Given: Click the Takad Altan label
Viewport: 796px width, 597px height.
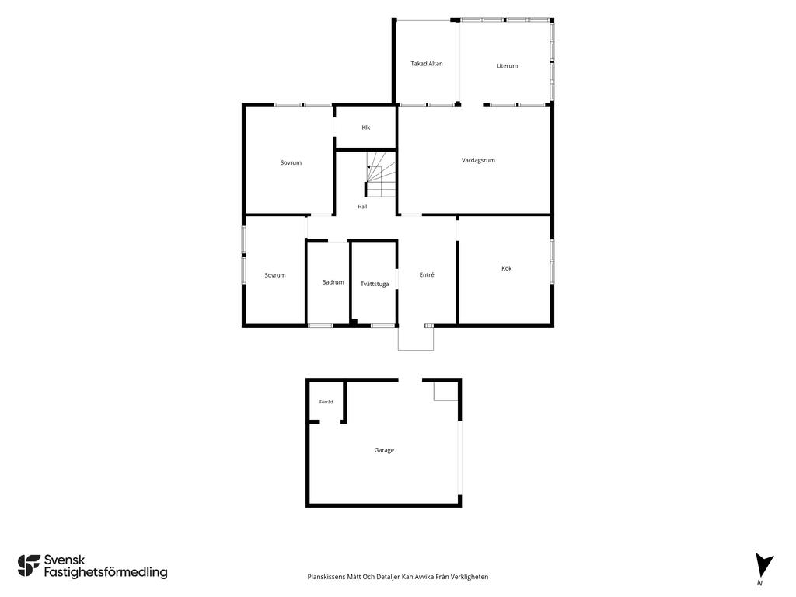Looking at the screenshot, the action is [427, 64].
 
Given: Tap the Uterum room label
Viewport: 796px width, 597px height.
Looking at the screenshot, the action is [507, 65].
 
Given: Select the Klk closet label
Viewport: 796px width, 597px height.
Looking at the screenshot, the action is [366, 127].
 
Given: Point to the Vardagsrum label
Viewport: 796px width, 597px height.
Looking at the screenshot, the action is [478, 160].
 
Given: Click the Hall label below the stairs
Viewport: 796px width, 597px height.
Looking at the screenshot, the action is [362, 207].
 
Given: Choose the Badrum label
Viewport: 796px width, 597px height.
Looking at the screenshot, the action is [333, 282].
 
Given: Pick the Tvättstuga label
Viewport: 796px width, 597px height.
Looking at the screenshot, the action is [375, 284].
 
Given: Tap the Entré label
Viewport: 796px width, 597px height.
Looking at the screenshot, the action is [427, 274].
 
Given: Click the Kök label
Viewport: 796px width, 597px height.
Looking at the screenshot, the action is [507, 268].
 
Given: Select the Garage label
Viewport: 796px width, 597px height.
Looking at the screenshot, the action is [384, 450].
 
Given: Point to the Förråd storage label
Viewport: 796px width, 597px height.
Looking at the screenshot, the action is [326, 402].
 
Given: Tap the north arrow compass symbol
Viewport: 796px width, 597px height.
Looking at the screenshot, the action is [763, 566].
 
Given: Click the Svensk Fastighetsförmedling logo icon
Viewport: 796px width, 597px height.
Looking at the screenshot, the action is [29, 566].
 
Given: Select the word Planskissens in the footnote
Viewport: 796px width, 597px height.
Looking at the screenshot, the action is [326, 577].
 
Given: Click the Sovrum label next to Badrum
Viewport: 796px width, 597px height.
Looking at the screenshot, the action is [275, 275].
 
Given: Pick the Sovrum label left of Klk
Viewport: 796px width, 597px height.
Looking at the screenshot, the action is [291, 163].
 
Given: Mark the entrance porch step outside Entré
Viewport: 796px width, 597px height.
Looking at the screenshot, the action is [416, 339].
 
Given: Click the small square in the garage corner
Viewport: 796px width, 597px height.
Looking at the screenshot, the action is [445, 392].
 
